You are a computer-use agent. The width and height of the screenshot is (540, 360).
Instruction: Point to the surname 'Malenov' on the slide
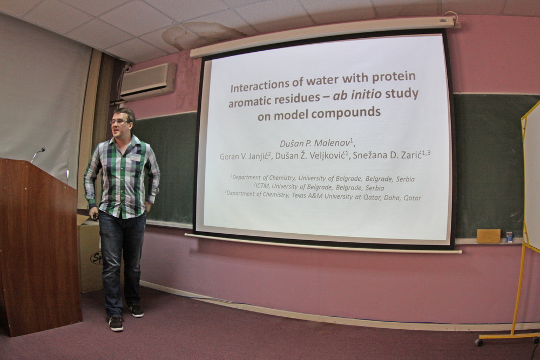coord(332,143)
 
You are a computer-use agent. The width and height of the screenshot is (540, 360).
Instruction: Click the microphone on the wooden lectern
coord(38,154)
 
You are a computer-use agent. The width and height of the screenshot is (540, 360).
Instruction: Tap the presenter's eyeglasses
coord(119,121)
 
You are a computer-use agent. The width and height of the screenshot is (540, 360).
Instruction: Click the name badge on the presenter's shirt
coord(136,157)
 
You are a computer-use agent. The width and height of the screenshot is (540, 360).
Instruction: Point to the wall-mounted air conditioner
coord(148,81)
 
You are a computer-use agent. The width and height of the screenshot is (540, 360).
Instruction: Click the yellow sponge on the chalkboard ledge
coord(488,236)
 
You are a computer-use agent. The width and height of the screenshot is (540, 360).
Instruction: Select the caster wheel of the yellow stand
coord(478,342)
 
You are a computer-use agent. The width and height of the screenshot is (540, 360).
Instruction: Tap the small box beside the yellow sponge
coord(509,237)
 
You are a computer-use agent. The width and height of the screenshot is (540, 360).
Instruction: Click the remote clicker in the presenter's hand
coord(95,217)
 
